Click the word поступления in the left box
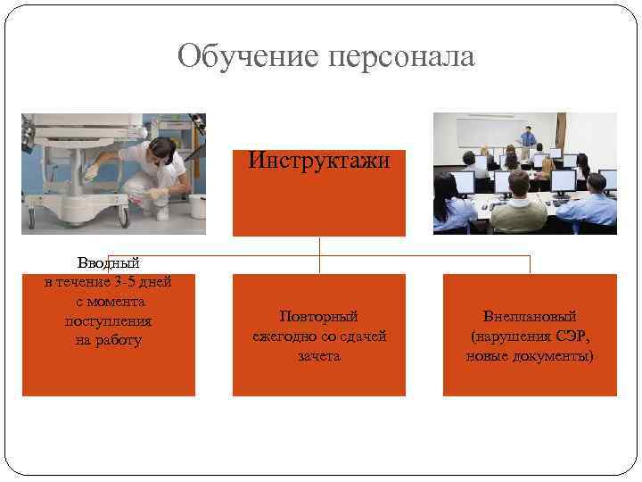[x=108, y=321]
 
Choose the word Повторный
[x=318, y=316]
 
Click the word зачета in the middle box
[x=318, y=355]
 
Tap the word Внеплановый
[x=530, y=316]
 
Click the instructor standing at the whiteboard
[x=528, y=140]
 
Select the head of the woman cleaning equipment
[x=160, y=149]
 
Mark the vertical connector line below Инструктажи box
[x=318, y=254]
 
